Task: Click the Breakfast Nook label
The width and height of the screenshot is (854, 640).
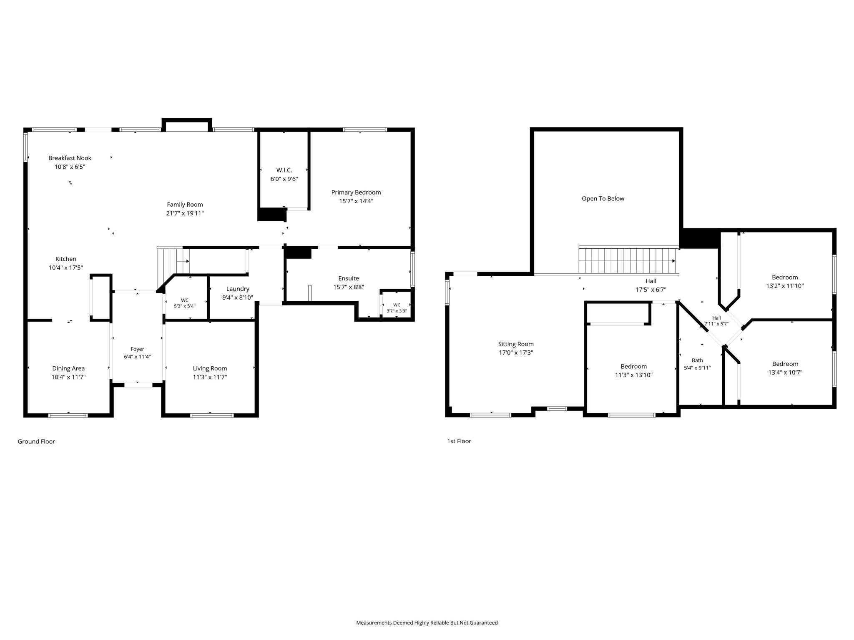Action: [x=70, y=158]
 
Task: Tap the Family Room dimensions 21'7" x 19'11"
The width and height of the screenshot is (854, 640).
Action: [x=185, y=213]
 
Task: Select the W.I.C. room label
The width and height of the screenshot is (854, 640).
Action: [x=284, y=170]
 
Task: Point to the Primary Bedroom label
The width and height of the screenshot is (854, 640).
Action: [x=356, y=192]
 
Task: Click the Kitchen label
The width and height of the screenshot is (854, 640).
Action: [x=66, y=259]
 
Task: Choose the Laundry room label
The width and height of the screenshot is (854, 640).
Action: [x=238, y=289]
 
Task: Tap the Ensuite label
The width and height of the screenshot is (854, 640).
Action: [x=349, y=278]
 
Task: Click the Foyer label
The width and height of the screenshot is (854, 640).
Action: [x=137, y=349]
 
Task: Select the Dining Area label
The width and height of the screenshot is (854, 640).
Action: [x=68, y=368]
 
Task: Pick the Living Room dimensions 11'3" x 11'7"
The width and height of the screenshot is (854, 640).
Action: [x=210, y=377]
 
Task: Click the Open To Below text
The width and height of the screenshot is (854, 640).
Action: [x=603, y=199]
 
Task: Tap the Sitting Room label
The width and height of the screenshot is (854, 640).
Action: [x=516, y=344]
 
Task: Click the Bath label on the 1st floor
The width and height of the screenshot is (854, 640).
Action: [x=697, y=360]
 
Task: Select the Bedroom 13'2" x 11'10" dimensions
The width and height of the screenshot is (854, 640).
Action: [x=785, y=286]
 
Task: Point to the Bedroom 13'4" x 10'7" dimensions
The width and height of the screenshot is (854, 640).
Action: [x=785, y=372]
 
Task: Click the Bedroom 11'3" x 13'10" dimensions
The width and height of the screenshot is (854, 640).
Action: [x=634, y=375]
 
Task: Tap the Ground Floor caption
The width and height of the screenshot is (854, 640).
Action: [x=36, y=441]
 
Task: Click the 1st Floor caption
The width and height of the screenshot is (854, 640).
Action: [x=459, y=441]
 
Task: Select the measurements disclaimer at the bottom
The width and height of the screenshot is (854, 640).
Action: [x=427, y=622]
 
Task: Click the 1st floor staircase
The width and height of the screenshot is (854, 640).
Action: [x=627, y=260]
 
